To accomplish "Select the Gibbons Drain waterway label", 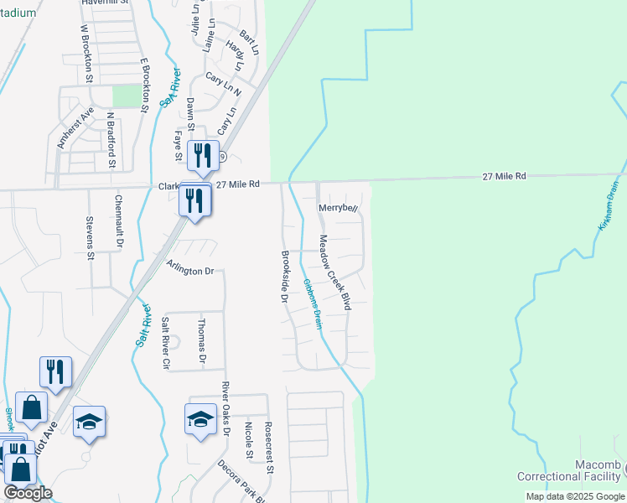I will pos(312,303).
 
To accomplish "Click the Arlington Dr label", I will pos(190,269).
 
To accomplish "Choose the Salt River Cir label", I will pos(165,343).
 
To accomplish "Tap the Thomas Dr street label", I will pos(201,341).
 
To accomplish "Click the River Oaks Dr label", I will pos(225,409).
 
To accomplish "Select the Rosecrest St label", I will pos(268,447).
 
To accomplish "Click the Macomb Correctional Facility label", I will pos(574,470).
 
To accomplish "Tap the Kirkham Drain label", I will pos(608,206).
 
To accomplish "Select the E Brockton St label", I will pos(144,86).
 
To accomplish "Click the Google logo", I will pos(28,493).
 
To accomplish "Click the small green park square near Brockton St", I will pos(127,96).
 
